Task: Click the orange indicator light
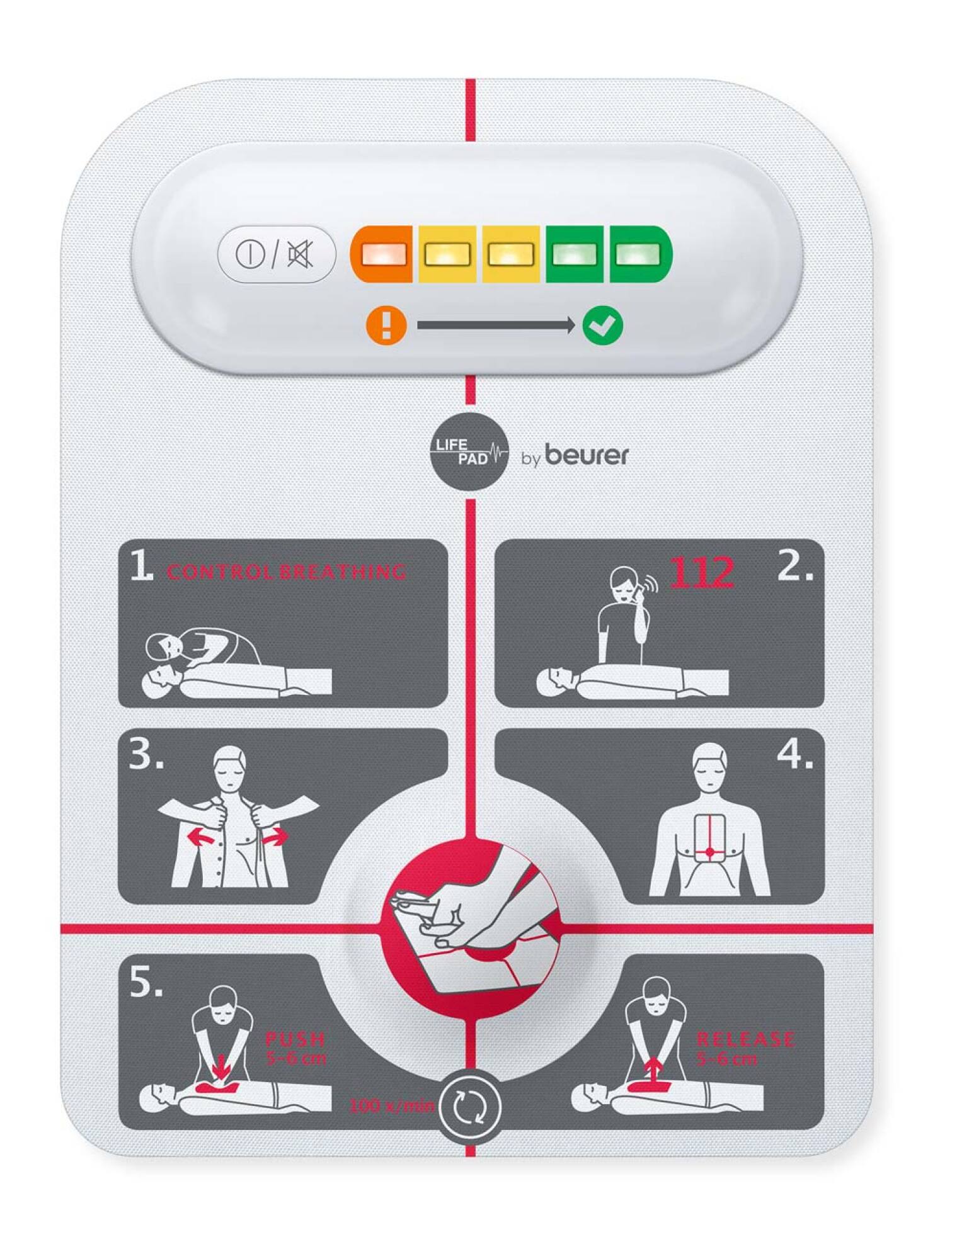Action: coord(382,254)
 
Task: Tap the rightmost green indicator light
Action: coord(638,254)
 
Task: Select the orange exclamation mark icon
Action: coord(386,325)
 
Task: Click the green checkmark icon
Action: coord(602,325)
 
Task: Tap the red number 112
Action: coord(701,572)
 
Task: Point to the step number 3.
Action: coord(146,754)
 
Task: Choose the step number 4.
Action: coord(794,754)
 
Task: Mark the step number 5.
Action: coord(146,982)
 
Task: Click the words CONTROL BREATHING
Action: coord(287,572)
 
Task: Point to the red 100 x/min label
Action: coord(391,1105)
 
